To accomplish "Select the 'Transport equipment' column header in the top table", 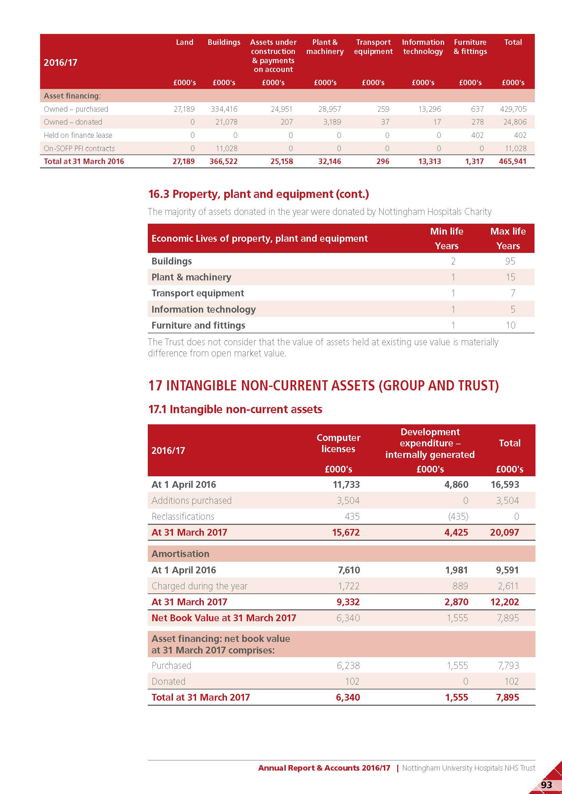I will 373,47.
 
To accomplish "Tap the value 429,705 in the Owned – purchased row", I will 513,109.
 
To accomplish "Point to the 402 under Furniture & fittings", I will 477,135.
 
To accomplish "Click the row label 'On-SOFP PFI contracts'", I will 79,148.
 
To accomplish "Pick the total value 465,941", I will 512,162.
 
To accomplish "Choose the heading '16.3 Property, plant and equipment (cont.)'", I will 258,194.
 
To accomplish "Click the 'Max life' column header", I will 508,232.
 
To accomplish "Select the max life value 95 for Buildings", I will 510,261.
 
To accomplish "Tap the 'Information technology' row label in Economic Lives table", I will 204,309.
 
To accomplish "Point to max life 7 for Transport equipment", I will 512,293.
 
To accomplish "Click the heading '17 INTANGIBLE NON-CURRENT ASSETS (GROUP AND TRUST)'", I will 323,386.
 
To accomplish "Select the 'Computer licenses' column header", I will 338,443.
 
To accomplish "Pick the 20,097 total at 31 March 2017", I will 504,532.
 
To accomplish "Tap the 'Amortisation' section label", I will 180,554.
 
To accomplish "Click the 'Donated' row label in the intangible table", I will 169,681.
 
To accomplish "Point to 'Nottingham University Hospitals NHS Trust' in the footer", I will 468,768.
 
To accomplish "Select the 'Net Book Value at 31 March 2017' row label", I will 224,617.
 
